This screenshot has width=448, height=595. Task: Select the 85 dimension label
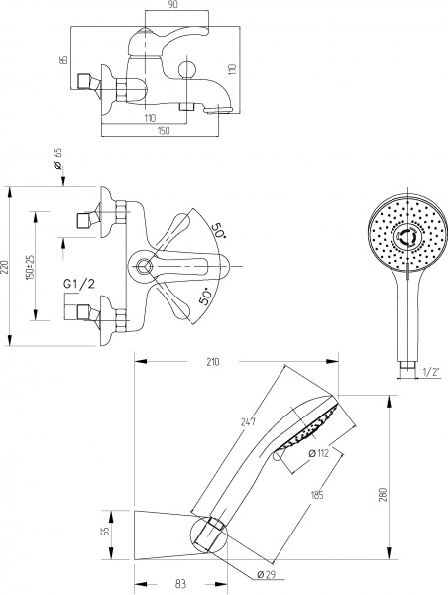pyautogui.click(x=64, y=59)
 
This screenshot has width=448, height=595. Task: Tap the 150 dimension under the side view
pyautogui.click(x=163, y=131)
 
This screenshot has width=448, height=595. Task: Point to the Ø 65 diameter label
pyautogui.click(x=57, y=158)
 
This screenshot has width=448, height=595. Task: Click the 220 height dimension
pyautogui.click(x=5, y=267)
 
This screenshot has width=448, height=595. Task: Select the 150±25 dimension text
pyautogui.click(x=30, y=267)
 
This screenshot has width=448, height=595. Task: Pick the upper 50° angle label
pyautogui.click(x=219, y=230)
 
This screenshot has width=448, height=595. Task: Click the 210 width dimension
pyautogui.click(x=213, y=362)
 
